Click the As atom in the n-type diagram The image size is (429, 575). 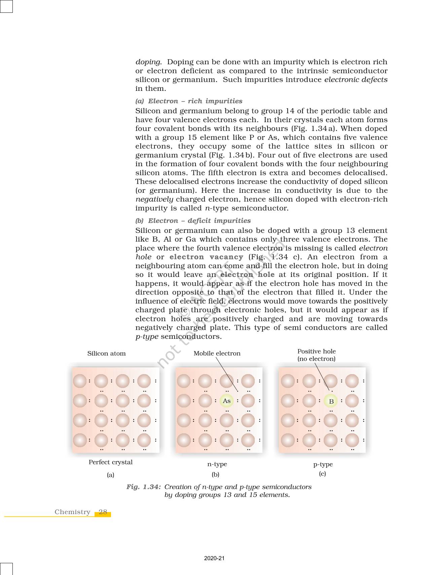click(226, 401)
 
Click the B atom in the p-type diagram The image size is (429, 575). click(331, 401)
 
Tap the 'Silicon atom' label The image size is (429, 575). click(106, 353)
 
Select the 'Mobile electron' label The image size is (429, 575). click(217, 353)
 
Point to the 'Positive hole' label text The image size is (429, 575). click(316, 351)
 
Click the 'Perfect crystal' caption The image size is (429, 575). click(110, 462)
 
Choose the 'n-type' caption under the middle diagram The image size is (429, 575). click(217, 464)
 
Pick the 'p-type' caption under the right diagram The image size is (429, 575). click(323, 464)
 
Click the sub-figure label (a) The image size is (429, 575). click(110, 475)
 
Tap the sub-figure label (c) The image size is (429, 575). click(322, 474)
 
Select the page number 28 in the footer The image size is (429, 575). click(103, 512)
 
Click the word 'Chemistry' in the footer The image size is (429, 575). click(72, 512)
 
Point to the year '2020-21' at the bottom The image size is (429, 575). click(214, 558)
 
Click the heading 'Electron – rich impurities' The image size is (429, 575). click(195, 101)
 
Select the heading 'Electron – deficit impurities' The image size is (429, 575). click(199, 221)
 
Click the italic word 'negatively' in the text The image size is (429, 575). click(154, 199)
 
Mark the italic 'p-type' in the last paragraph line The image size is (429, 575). click(147, 337)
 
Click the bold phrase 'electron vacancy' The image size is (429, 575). click(206, 257)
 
